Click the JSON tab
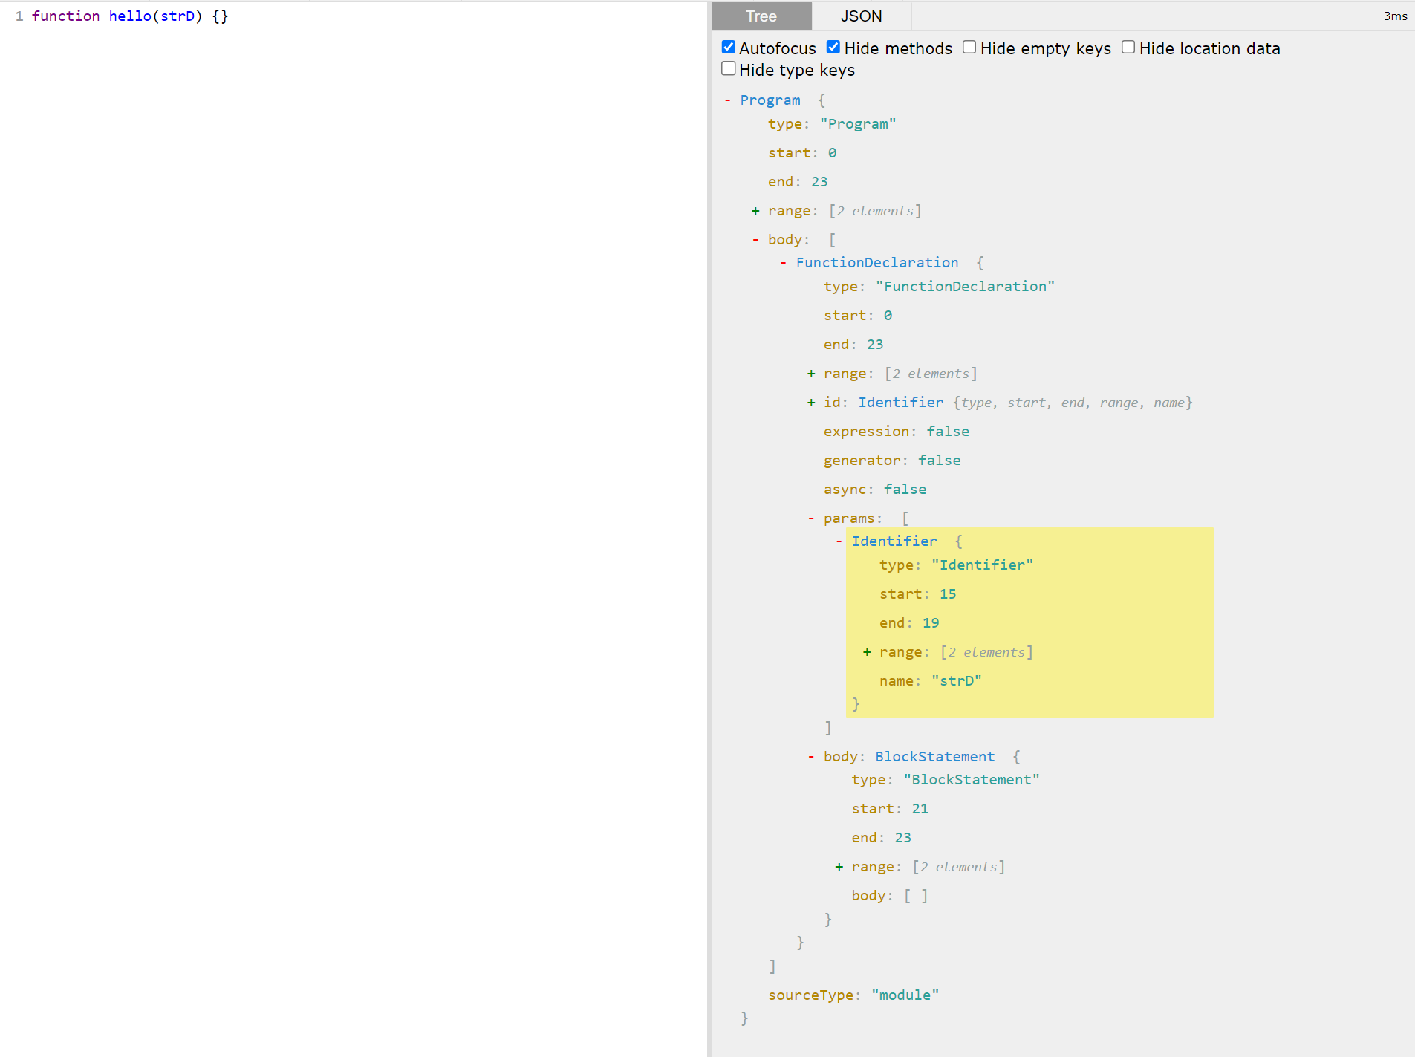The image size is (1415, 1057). [861, 16]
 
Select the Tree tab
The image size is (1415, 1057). [761, 16]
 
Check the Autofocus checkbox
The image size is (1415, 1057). [729, 48]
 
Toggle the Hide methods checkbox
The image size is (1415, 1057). [833, 48]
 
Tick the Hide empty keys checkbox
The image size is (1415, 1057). [969, 48]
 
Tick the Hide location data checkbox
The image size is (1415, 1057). [1128, 48]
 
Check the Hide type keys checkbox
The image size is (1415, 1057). [729, 69]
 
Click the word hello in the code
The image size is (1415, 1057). [130, 16]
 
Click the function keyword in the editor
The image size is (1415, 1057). [65, 16]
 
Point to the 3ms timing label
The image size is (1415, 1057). [1395, 16]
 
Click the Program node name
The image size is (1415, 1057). [770, 100]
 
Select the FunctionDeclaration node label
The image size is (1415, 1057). [877, 263]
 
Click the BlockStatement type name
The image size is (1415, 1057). [934, 757]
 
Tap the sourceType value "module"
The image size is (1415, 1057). [905, 995]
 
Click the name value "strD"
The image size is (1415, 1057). [957, 681]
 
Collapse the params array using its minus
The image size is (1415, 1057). [811, 518]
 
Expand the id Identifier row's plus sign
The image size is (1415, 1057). [811, 403]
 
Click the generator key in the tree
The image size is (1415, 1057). [862, 461]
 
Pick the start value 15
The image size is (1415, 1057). [948, 594]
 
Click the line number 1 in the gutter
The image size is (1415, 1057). [19, 16]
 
